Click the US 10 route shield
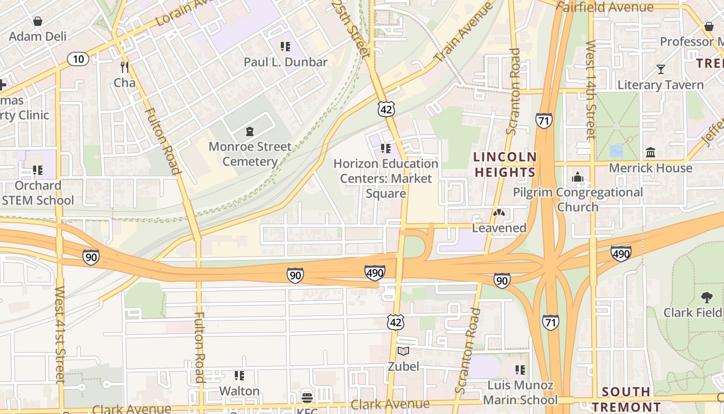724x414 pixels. (x=78, y=59)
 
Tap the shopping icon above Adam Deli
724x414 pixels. (x=37, y=21)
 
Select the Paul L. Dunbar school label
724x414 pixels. (x=285, y=62)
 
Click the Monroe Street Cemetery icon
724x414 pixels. (x=250, y=131)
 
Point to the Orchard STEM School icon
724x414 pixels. (x=37, y=170)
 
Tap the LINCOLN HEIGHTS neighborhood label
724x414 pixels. (x=505, y=165)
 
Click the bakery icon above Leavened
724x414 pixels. (x=499, y=213)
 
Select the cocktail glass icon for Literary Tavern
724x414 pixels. (x=660, y=69)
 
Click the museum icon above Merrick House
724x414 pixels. (x=651, y=153)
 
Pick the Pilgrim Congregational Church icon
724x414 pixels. (x=578, y=178)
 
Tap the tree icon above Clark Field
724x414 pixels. (x=706, y=298)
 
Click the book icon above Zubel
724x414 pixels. (x=403, y=351)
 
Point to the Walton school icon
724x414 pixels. (x=239, y=375)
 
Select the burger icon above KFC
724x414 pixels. (x=307, y=397)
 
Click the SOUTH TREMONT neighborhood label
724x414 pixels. (x=626, y=399)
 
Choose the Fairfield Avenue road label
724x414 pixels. (x=606, y=7)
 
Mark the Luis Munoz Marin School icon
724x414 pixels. (x=520, y=370)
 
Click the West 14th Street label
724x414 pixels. (x=591, y=90)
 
